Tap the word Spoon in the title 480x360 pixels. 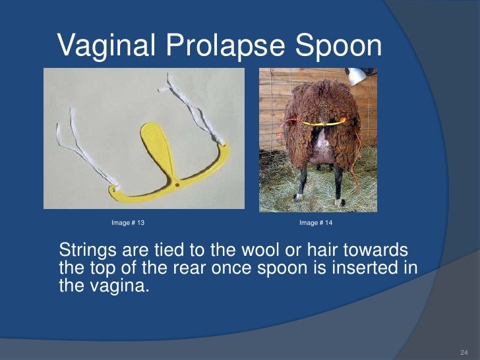pos(342,45)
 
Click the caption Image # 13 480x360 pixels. pos(128,223)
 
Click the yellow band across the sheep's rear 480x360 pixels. pos(323,123)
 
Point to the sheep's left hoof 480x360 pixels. pos(299,195)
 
